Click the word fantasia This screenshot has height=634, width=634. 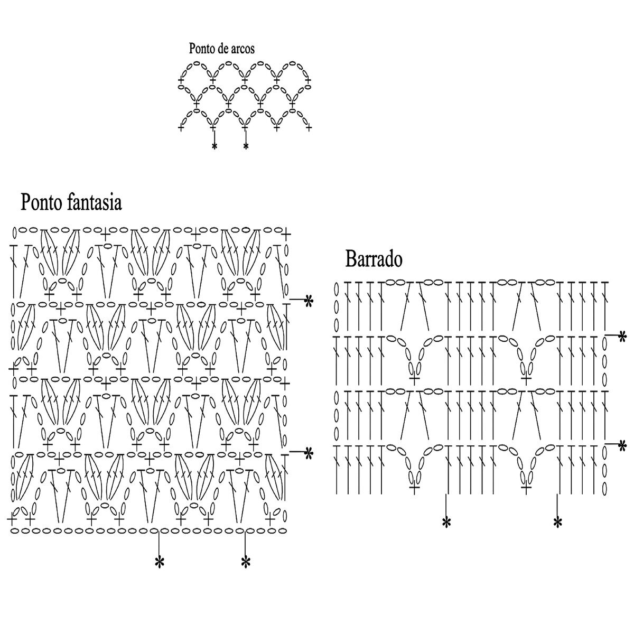(x=95, y=202)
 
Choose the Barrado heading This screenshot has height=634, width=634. (x=374, y=259)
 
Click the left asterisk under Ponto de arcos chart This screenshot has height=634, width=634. (x=214, y=146)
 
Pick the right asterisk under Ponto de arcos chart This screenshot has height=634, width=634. (x=246, y=146)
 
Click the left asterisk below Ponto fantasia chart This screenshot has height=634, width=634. (x=159, y=562)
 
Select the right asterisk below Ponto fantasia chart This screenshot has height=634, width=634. (x=245, y=562)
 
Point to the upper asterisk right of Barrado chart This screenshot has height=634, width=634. (x=622, y=336)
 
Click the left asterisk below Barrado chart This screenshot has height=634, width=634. (x=446, y=523)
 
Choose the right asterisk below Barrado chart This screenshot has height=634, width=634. (x=557, y=523)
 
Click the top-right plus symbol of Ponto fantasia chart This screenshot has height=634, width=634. (x=286, y=233)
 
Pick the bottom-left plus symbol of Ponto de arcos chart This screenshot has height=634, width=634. (x=182, y=127)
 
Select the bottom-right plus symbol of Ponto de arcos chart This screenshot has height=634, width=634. (x=309, y=127)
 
